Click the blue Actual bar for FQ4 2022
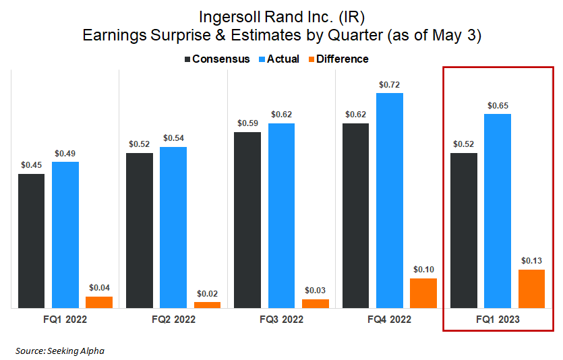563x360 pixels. (x=390, y=200)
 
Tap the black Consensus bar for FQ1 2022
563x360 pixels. (x=31, y=241)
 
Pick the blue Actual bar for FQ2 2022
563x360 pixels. (x=173, y=227)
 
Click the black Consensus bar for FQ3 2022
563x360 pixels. (x=247, y=220)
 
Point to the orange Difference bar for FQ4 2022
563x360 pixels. (x=423, y=293)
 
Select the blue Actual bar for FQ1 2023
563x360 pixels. (x=498, y=210)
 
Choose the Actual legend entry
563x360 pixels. (x=278, y=59)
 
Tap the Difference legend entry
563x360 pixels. (x=336, y=59)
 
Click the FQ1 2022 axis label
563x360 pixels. (x=65, y=319)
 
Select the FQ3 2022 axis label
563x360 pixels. (x=281, y=319)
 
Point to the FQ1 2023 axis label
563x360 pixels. (x=498, y=319)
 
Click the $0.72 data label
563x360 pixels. (x=390, y=85)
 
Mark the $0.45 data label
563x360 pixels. (x=31, y=165)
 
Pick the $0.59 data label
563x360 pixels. (x=247, y=123)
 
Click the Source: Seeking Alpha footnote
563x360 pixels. (x=60, y=351)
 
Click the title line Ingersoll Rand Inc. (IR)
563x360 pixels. (x=280, y=16)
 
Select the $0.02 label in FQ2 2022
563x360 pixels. (x=207, y=293)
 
